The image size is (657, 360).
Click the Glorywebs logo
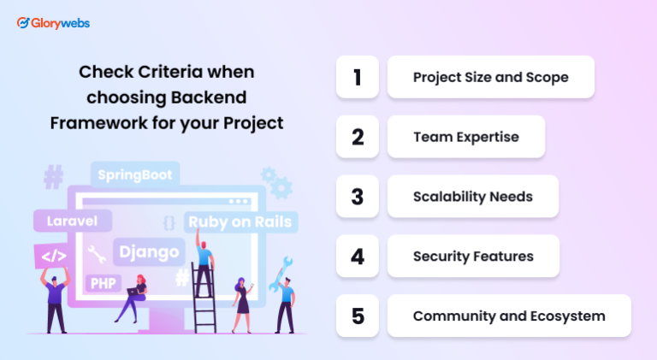tap(53, 23)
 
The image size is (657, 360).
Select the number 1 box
tap(358, 77)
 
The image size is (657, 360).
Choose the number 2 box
tap(358, 137)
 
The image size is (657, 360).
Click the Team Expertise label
tap(466, 137)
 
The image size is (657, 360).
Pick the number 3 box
tap(358, 197)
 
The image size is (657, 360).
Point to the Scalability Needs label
tap(473, 197)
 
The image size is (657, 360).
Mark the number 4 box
tap(358, 257)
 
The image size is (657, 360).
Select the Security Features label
tap(473, 257)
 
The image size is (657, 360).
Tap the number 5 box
tap(358, 316)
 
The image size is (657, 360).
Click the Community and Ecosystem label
tap(509, 316)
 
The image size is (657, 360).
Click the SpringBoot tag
tap(134, 174)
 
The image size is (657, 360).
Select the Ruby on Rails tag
tap(240, 222)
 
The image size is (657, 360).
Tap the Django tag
tap(149, 251)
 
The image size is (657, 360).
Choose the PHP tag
tap(104, 282)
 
